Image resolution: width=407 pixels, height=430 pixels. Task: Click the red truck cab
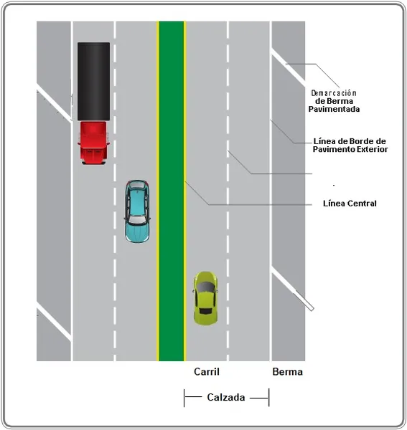pyautogui.click(x=93, y=143)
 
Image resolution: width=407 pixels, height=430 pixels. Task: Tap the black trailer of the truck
pyautogui.click(x=93, y=81)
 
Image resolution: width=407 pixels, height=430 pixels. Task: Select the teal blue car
pyautogui.click(x=137, y=211)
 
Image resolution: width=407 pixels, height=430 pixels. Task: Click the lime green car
pyautogui.click(x=205, y=298)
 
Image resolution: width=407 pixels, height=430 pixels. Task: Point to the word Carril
pyautogui.click(x=207, y=371)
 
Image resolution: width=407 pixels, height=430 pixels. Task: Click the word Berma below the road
pyautogui.click(x=288, y=371)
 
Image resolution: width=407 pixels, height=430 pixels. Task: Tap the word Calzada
pyautogui.click(x=226, y=397)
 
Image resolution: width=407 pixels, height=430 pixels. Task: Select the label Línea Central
pyautogui.click(x=350, y=204)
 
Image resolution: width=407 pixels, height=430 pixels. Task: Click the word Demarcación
pyautogui.click(x=334, y=93)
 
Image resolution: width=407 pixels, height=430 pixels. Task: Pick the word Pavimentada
pyautogui.click(x=334, y=109)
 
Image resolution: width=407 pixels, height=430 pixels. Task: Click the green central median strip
pyautogui.click(x=172, y=191)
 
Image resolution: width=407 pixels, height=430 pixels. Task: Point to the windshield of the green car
pyautogui.click(x=205, y=287)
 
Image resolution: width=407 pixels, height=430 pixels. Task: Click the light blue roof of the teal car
pyautogui.click(x=137, y=203)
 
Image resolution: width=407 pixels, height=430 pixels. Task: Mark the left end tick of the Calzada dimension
pyautogui.click(x=184, y=397)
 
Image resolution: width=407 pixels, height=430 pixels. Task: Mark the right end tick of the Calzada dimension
pyautogui.click(x=269, y=397)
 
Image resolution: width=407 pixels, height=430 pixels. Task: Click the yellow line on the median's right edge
pyautogui.click(x=184, y=191)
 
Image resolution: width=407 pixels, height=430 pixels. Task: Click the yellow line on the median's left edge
pyautogui.click(x=158, y=191)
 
